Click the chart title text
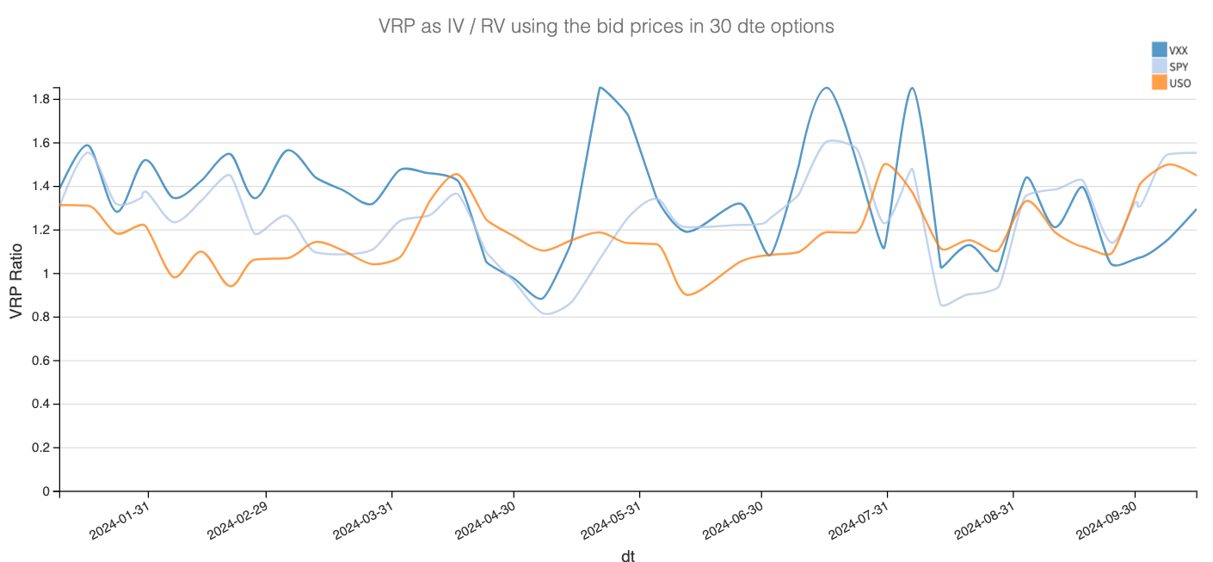click(x=606, y=27)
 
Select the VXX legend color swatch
click(x=1159, y=49)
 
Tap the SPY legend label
click(x=1178, y=66)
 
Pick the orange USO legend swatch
click(x=1159, y=83)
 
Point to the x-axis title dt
click(x=628, y=556)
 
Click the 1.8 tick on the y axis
click(x=40, y=100)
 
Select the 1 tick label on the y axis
click(x=45, y=274)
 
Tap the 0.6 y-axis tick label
click(x=40, y=361)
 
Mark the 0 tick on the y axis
click(x=45, y=491)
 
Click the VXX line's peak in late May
click(x=600, y=88)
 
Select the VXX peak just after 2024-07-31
click(x=911, y=88)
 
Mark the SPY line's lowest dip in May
click(x=548, y=313)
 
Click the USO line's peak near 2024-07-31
click(x=885, y=164)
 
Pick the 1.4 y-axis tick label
click(x=40, y=187)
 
